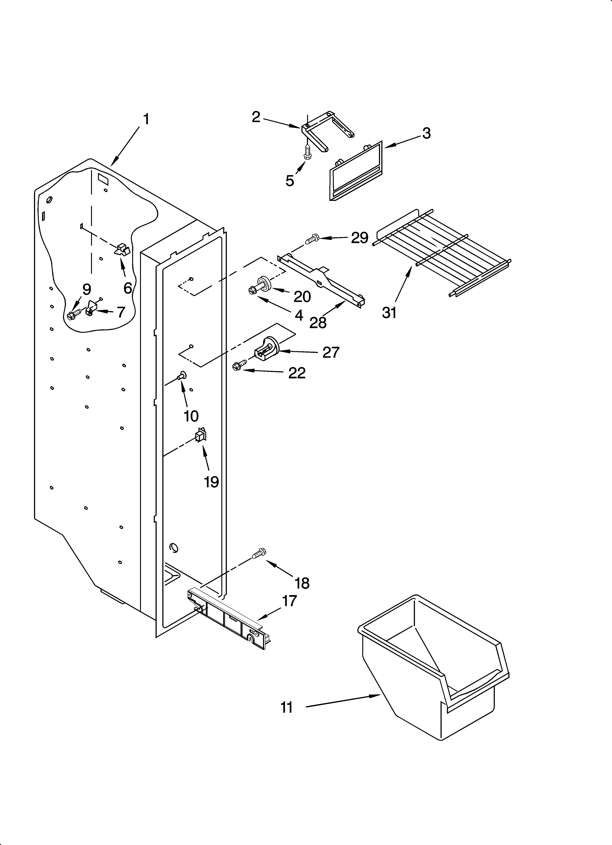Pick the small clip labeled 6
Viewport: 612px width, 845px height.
pyautogui.click(x=122, y=250)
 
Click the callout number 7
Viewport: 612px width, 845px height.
pyautogui.click(x=120, y=312)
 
